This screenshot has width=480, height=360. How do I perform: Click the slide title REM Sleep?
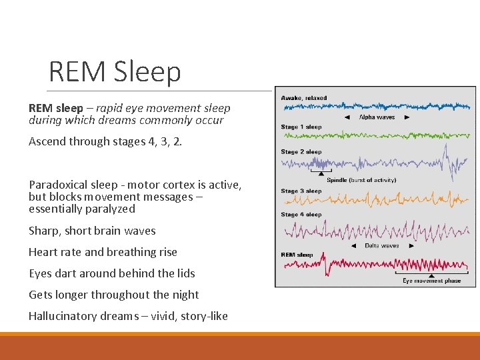115,72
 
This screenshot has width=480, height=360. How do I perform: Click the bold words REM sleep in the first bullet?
55,108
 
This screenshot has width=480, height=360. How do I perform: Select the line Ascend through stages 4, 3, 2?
105,141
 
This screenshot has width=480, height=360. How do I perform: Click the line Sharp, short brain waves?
92,231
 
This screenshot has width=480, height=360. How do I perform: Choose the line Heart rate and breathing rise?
103,252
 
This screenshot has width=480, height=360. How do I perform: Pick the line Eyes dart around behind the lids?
111,273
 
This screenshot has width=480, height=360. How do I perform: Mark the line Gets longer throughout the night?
113,295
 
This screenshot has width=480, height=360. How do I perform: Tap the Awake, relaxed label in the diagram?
304,98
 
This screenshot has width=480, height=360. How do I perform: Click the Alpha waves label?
377,117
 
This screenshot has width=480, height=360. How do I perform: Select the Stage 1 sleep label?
301,127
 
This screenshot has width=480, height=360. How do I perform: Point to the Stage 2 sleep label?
301,152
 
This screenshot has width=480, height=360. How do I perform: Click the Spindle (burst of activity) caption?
361,180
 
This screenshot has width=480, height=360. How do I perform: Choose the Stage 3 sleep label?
301,191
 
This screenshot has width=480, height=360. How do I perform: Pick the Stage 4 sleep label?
301,215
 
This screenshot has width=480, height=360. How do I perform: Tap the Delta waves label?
381,246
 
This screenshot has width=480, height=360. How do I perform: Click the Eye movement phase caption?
431,281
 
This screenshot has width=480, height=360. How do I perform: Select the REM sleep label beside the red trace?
297,255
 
